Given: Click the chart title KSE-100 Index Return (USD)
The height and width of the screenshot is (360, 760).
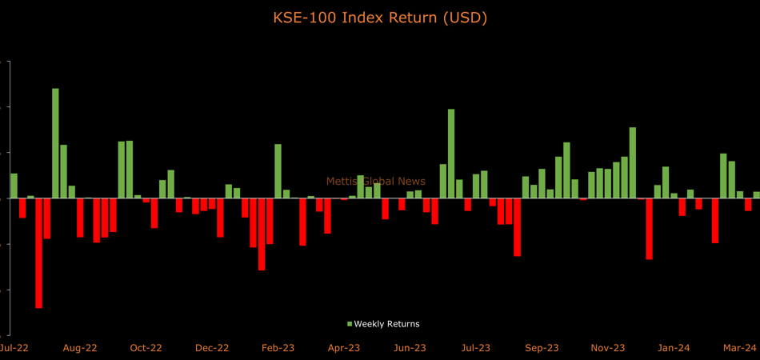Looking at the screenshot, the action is (x=380, y=18).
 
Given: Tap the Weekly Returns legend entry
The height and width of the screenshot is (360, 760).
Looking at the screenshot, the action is (x=383, y=324).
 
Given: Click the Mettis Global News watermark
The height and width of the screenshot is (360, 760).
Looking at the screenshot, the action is (x=376, y=182).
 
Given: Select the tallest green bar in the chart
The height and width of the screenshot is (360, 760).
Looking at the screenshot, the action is (x=55, y=143).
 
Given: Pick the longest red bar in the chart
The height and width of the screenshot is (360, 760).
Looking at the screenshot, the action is (x=38, y=253).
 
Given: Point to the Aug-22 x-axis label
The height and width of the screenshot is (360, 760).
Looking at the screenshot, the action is (x=81, y=348).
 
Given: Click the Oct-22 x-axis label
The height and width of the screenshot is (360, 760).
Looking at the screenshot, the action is (x=146, y=348).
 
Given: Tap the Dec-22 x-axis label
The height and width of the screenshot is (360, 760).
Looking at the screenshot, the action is (x=212, y=348).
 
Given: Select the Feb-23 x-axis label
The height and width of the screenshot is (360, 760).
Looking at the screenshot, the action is (x=278, y=348).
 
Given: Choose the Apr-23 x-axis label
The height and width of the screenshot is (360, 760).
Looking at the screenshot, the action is (x=344, y=348).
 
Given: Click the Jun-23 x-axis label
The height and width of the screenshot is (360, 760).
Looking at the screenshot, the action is (x=410, y=348).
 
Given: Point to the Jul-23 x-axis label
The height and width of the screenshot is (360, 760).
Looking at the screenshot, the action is (x=475, y=348).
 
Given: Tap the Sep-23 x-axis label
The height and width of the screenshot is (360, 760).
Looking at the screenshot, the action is (x=542, y=348).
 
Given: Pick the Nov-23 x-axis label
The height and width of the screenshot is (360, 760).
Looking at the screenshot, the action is (x=608, y=348).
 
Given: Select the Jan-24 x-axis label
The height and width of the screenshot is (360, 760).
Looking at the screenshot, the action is (x=674, y=348).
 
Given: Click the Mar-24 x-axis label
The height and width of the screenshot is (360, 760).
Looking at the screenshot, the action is (x=740, y=348).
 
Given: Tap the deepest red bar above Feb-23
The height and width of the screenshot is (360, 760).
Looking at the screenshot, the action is (x=262, y=234).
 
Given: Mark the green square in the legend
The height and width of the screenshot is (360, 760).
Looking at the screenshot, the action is (x=350, y=324).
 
